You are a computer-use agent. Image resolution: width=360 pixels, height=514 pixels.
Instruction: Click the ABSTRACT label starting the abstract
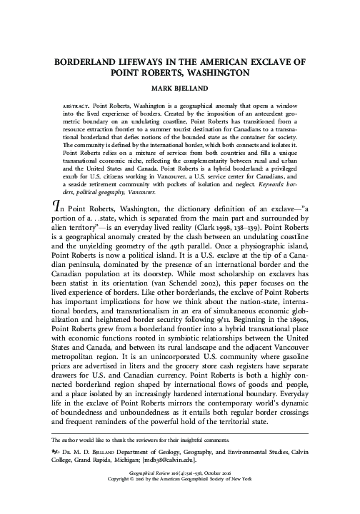point(66,104)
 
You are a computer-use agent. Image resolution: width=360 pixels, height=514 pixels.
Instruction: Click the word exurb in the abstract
point(61,173)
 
